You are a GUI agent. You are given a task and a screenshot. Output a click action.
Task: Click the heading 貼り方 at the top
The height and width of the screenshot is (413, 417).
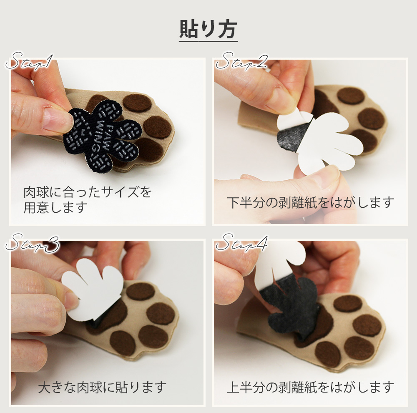[x=208, y=29]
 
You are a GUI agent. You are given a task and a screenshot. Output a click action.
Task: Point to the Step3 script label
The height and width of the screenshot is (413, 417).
[x=33, y=243]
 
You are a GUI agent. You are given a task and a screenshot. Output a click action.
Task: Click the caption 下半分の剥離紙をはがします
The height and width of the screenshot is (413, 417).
[x=310, y=203]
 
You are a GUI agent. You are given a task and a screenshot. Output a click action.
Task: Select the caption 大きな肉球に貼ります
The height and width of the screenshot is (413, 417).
[x=103, y=388]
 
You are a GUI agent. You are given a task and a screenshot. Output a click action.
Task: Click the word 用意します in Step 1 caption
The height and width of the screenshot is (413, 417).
[x=55, y=207]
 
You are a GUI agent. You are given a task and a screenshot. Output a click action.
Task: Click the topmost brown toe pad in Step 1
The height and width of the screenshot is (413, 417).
[x=137, y=103]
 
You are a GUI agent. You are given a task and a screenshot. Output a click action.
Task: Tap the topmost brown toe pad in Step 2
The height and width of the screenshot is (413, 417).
[x=351, y=96]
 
